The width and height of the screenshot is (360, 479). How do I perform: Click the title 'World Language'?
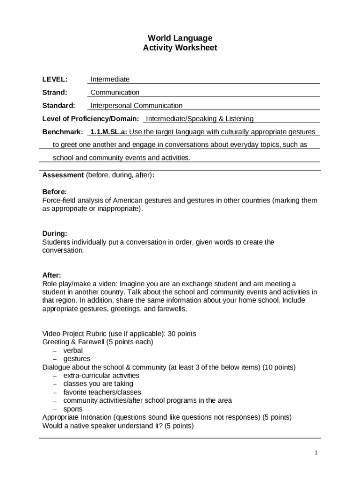pos(180,38)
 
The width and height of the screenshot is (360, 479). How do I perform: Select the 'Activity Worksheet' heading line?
pos(180,48)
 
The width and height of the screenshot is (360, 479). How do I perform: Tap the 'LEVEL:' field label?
pos(55,79)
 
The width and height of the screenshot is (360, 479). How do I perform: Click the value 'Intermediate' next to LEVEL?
pos(110,79)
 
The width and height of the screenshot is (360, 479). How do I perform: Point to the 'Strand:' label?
pos(55,92)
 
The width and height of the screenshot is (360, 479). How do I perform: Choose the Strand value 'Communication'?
pos(115,92)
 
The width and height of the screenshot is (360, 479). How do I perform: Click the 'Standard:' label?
pos(58,105)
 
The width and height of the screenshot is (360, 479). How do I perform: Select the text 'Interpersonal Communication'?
pos(136,105)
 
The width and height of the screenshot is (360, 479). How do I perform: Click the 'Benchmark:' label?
pos(63,131)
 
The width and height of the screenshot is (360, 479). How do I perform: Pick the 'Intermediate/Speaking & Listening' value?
pos(200,118)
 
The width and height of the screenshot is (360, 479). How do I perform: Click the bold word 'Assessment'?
pos(63,175)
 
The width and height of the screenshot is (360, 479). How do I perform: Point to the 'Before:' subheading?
pos(54,192)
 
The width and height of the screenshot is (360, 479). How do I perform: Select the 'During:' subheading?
pos(55,233)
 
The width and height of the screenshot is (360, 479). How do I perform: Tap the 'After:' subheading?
pos(51,275)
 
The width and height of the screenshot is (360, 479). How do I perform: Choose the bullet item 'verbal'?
pos(73,350)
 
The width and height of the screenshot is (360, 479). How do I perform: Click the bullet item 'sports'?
pos(73,409)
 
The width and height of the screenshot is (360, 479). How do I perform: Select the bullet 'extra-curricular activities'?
pos(101,376)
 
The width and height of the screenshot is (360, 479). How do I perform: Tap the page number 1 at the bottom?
pos(316,453)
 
